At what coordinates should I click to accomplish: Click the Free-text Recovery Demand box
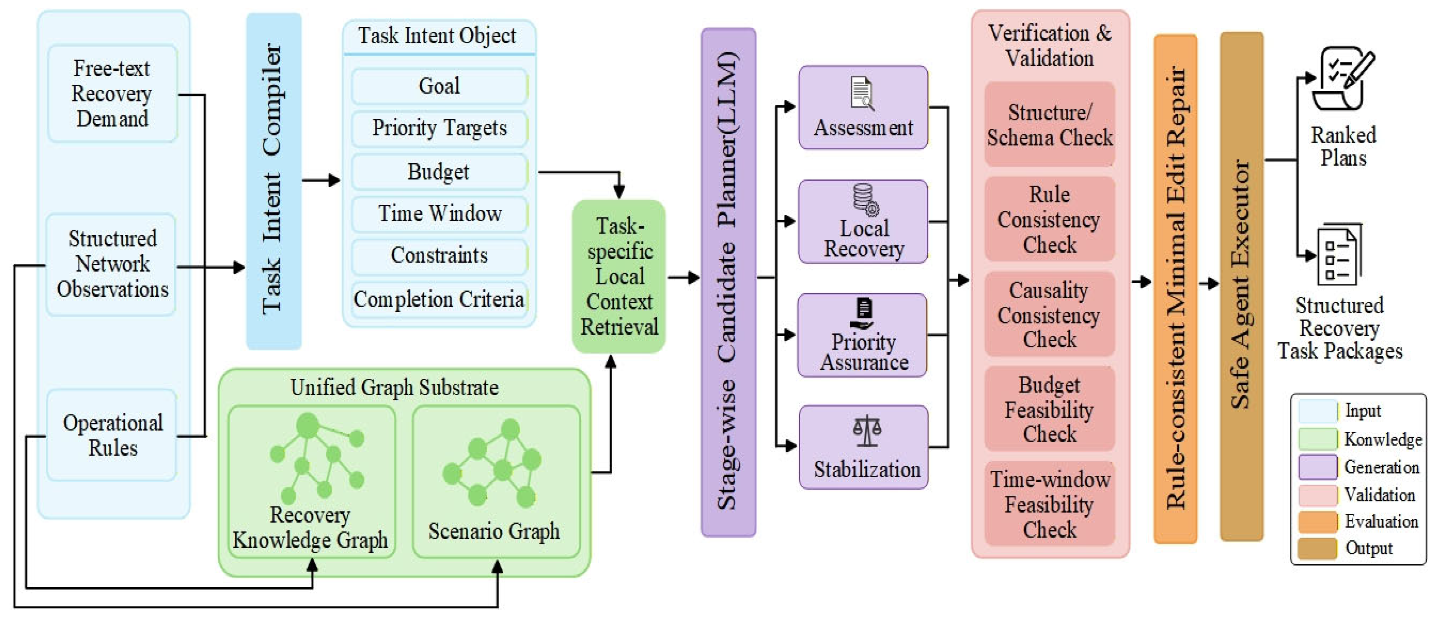[112, 94]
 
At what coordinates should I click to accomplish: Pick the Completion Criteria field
[439, 300]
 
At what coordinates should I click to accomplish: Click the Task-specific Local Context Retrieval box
[619, 276]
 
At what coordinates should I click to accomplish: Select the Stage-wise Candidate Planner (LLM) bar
[728, 282]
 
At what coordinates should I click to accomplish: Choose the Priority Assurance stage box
[863, 335]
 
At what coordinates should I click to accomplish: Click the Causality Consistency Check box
[1049, 315]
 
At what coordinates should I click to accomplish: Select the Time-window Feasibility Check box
[1049, 504]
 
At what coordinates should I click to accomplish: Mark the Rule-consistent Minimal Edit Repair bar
[1175, 289]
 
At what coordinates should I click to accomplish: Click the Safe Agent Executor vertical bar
[1241, 286]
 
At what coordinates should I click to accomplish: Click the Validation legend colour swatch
[1317, 495]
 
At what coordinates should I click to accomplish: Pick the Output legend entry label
[1369, 548]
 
